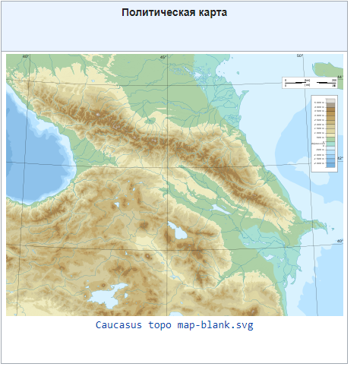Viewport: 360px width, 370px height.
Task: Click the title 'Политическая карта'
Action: click(175, 14)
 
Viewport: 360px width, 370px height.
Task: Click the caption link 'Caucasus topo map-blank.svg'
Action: click(174, 325)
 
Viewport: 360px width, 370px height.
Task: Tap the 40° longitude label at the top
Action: click(25, 57)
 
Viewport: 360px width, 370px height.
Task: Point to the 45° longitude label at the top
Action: click(163, 57)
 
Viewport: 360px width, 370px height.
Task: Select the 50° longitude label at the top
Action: click(299, 57)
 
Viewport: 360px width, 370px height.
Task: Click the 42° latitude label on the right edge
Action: click(339, 158)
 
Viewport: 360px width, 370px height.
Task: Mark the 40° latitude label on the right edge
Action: click(339, 242)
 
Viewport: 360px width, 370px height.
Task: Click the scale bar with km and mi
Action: click(309, 83)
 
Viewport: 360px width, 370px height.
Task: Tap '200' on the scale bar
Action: click(333, 79)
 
